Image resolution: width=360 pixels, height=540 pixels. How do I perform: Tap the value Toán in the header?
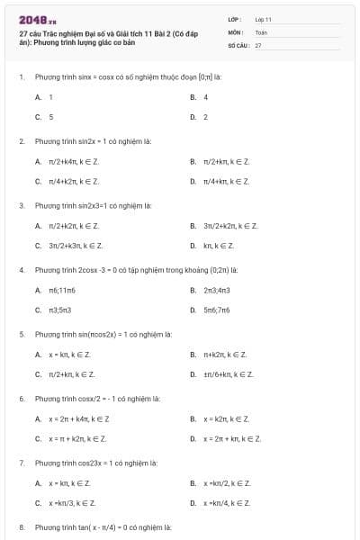(261, 31)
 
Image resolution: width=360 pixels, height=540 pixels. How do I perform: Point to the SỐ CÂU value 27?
(258, 44)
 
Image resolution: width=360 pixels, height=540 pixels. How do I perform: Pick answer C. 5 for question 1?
(45, 117)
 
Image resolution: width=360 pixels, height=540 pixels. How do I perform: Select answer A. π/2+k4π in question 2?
(67, 161)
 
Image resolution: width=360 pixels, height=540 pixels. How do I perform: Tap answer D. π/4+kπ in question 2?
(220, 182)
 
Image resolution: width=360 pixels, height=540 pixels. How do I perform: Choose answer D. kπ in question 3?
(212, 246)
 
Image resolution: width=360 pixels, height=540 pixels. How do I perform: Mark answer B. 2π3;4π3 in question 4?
(211, 290)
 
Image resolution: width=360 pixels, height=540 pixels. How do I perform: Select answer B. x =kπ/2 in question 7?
(220, 483)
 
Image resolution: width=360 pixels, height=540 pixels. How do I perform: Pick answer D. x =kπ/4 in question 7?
(220, 503)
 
